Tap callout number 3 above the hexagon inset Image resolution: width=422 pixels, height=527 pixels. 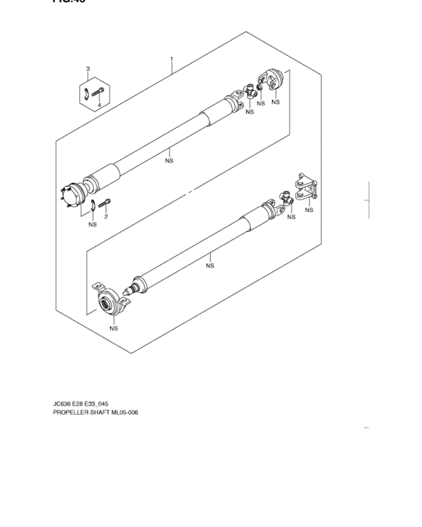point(87,69)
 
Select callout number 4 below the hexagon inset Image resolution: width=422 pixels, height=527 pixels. point(98,107)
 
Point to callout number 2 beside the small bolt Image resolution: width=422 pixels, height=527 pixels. point(105,217)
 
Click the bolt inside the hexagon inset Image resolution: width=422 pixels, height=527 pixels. point(94,93)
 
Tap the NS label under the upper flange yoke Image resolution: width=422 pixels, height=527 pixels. point(276,102)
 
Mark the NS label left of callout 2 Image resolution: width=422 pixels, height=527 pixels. point(92,224)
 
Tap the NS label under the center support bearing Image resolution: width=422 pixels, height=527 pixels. point(114,328)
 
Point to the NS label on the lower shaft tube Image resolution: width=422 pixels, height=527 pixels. point(210,265)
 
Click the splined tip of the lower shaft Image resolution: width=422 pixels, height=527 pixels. point(136,289)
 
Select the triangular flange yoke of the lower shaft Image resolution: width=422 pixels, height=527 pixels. point(306,187)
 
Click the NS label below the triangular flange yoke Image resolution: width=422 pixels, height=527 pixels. point(309,211)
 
